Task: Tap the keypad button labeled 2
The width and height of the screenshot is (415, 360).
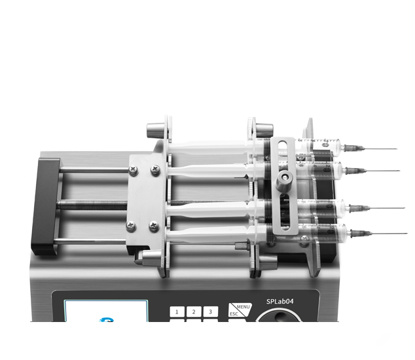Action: [x=194, y=312]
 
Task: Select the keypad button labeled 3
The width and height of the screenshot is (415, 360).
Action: [x=211, y=312]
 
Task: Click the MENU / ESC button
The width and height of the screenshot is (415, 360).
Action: [x=240, y=310]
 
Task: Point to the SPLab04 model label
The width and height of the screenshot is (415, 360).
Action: [x=280, y=302]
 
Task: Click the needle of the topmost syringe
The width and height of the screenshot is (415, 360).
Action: [x=380, y=149]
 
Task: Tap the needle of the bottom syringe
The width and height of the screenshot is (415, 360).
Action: [x=389, y=234]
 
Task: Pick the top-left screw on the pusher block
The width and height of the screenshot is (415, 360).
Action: [x=134, y=170]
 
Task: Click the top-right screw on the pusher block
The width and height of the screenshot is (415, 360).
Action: [x=155, y=169]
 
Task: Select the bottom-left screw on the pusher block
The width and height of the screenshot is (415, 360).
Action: [x=132, y=226]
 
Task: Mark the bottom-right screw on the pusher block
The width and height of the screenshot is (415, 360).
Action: [x=154, y=226]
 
